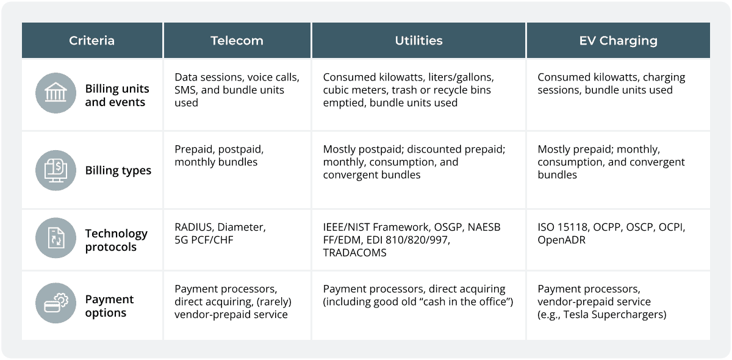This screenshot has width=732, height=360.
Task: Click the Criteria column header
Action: (x=92, y=40)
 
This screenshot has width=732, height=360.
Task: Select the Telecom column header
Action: (x=237, y=40)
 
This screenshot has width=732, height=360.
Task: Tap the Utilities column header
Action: (x=418, y=40)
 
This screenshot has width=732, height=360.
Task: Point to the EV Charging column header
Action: (x=619, y=41)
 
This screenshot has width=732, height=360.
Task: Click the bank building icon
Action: (x=56, y=93)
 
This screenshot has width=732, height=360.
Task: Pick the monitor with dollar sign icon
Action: (x=56, y=170)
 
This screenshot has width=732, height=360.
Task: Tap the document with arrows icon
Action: (x=56, y=238)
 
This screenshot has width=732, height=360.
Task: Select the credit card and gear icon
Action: (x=56, y=303)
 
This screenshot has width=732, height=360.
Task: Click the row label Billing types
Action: (x=118, y=171)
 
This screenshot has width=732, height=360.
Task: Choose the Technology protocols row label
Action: (x=117, y=240)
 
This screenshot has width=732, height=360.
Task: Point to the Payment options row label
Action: (x=109, y=306)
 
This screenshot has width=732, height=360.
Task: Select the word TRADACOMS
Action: (x=354, y=253)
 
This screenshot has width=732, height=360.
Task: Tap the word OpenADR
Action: (x=561, y=240)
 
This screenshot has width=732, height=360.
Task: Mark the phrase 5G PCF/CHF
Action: (x=204, y=240)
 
